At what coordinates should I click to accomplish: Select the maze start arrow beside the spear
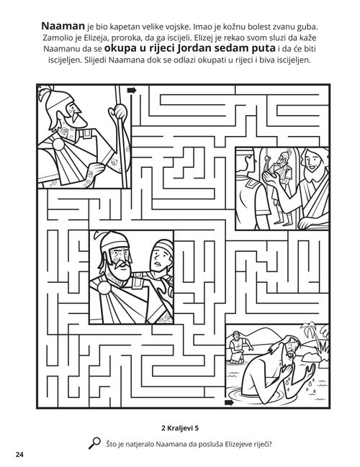[132, 90]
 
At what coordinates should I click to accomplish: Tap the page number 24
[18, 454]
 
